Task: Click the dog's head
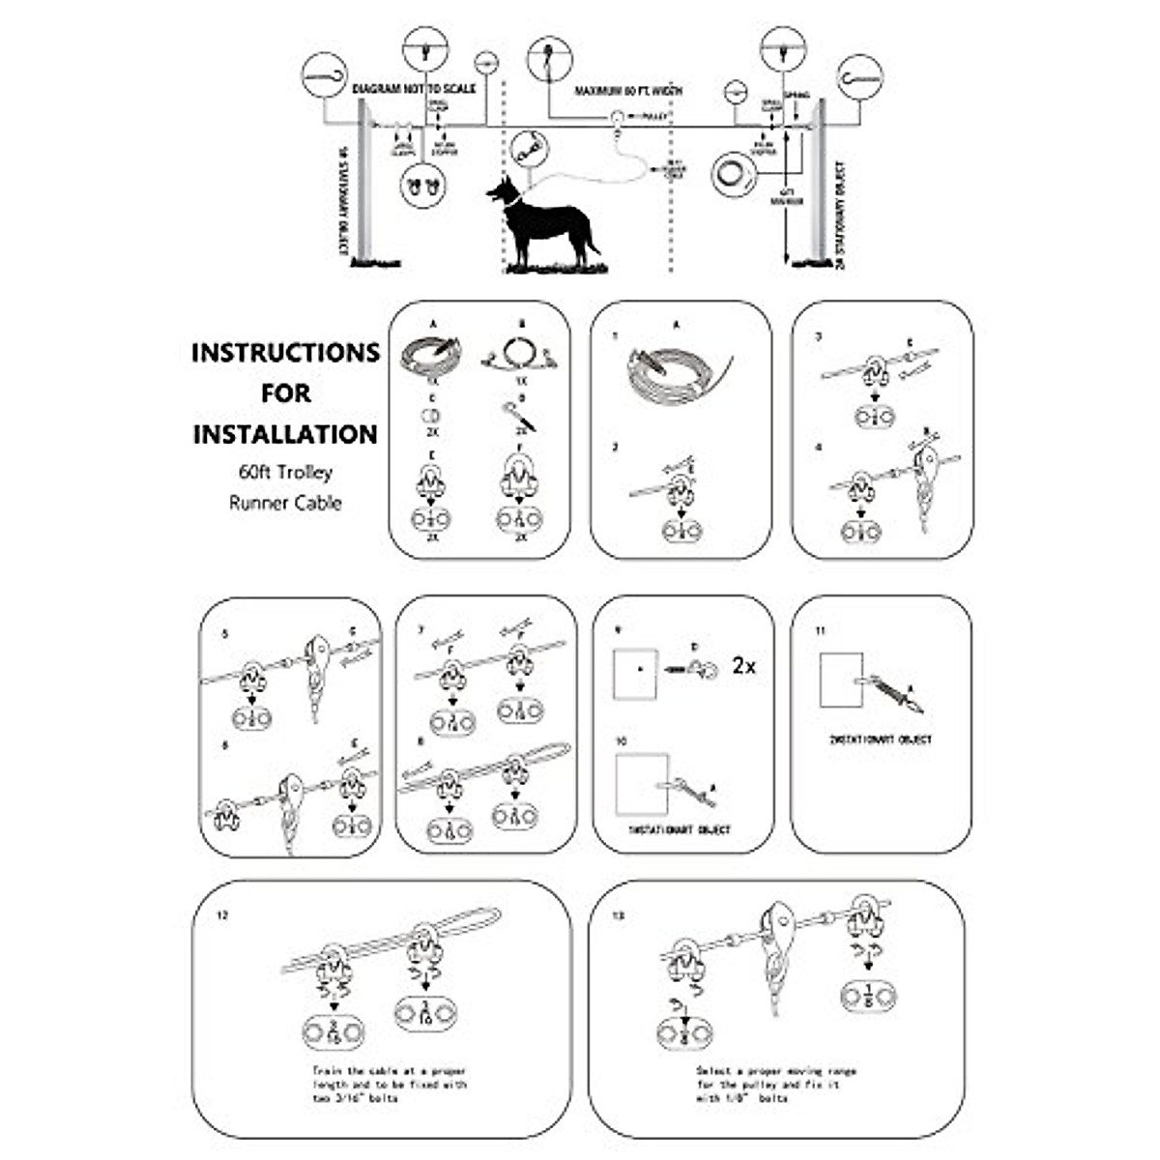click(x=505, y=190)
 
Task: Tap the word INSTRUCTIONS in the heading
click(x=285, y=353)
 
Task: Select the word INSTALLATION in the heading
click(x=285, y=434)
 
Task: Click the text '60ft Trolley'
click(x=285, y=473)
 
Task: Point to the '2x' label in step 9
click(x=743, y=666)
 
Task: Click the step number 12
click(x=223, y=915)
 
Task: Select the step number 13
click(x=620, y=915)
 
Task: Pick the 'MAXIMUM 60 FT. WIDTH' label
click(x=628, y=91)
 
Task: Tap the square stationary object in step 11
click(x=840, y=681)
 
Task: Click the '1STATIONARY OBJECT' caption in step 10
click(x=680, y=830)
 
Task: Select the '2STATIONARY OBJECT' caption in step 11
click(x=880, y=740)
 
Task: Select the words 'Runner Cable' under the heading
click(x=285, y=503)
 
